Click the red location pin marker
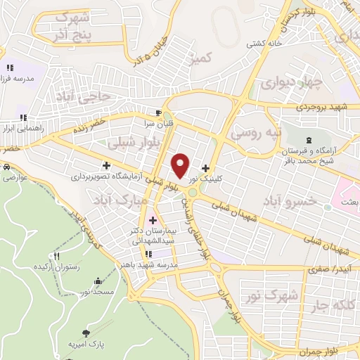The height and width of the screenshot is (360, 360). tap(181, 165)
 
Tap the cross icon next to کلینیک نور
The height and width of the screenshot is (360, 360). tap(205, 168)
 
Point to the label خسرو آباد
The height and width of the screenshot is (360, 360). tap(285, 202)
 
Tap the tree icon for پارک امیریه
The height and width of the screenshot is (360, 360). tap(86, 330)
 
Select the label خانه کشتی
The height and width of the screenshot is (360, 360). tap(265, 44)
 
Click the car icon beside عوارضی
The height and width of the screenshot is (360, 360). tap(6, 168)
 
